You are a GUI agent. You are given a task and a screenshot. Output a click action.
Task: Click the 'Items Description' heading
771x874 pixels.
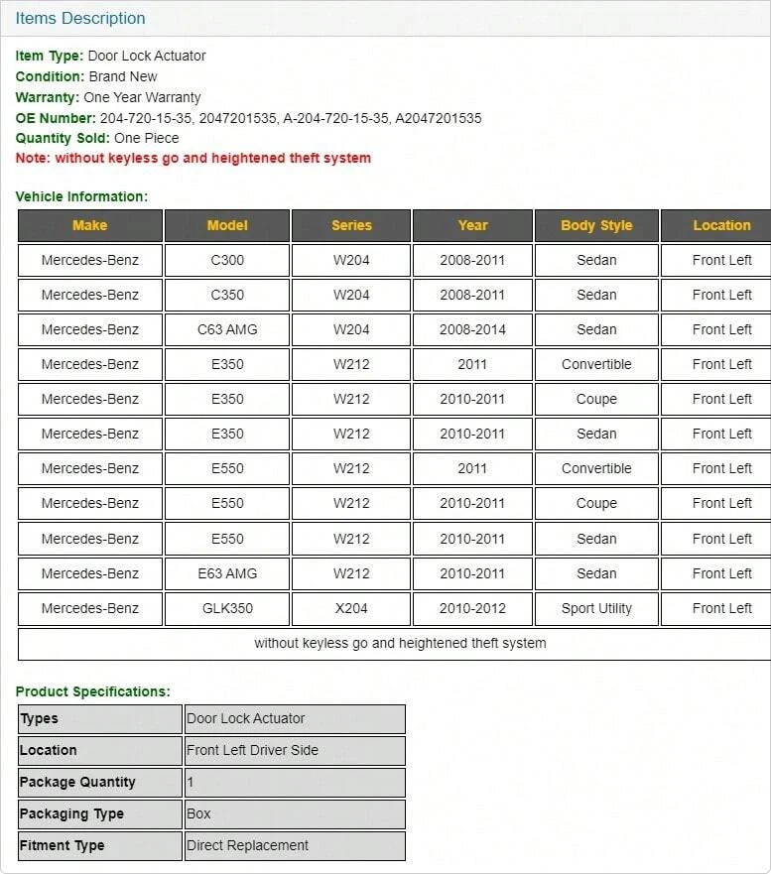point(80,18)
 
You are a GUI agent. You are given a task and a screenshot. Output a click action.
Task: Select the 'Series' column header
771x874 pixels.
point(351,225)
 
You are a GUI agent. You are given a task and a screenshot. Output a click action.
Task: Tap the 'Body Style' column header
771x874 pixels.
point(596,225)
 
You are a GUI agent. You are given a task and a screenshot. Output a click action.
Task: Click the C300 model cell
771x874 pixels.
point(227,260)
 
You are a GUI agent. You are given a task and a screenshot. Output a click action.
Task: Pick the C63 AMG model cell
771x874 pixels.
point(227,329)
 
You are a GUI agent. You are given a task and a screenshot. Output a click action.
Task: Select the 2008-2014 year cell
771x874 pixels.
point(472,329)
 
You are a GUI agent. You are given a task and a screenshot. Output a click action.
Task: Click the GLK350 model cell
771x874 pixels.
point(227,608)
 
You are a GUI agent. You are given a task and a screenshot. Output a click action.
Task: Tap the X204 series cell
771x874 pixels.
point(351,608)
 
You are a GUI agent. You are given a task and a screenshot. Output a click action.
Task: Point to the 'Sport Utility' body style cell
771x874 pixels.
point(596,608)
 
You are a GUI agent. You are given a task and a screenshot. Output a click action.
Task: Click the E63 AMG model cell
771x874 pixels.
point(227,573)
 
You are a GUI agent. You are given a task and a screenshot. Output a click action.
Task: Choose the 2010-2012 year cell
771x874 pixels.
point(472,608)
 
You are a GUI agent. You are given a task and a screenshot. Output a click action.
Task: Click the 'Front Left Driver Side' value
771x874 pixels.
point(253,750)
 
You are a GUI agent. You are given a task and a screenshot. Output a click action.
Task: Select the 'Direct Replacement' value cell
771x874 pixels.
point(248,845)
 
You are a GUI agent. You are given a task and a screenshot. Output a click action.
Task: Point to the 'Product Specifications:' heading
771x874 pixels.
point(93,691)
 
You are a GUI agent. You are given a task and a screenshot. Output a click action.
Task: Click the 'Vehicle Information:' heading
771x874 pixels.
point(81,196)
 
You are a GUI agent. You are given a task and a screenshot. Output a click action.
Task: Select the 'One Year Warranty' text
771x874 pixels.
point(142,97)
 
